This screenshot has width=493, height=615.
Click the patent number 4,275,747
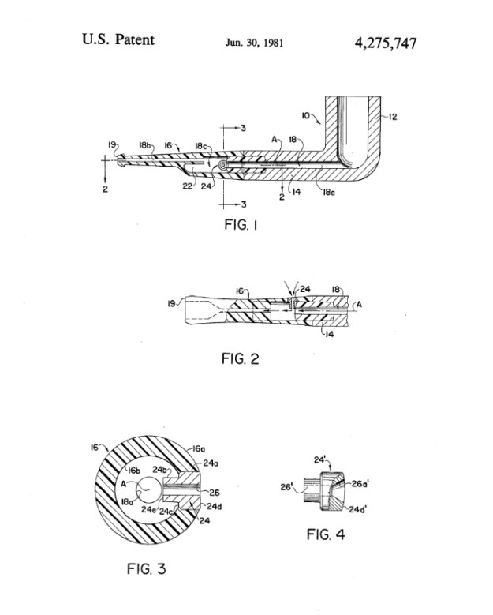386,43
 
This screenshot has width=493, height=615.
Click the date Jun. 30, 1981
254,43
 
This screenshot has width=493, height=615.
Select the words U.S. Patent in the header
118,39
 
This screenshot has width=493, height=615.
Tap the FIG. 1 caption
241,225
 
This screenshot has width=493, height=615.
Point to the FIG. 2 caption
241,358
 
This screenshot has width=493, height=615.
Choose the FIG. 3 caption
146,568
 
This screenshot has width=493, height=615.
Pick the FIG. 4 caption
326,534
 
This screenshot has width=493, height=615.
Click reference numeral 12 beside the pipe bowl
393,117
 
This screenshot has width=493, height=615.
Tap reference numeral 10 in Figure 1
306,115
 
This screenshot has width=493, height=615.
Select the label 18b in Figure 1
144,145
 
